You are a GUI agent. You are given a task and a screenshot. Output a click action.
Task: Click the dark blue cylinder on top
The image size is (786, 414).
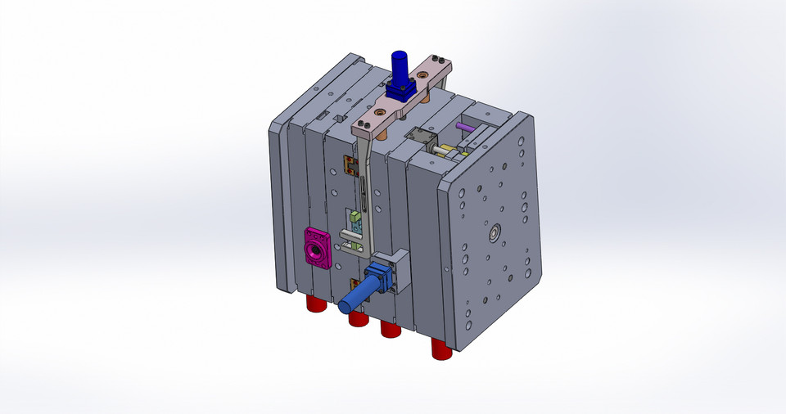pos(400,65)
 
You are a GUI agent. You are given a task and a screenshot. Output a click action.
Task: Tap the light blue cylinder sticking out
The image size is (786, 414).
pos(358,293)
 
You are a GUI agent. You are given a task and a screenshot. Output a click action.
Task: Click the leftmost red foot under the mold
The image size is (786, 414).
pos(316,304)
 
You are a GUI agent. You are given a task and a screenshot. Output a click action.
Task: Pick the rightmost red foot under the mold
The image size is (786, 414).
pos(442,349)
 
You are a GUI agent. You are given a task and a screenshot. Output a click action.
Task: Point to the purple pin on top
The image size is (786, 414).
pos(464,128)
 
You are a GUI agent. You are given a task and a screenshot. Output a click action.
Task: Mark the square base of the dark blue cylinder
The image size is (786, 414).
pos(400,89)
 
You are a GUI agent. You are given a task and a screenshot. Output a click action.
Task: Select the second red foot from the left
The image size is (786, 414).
pos(358,318)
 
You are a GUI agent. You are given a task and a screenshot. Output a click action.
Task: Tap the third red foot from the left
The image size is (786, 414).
pos(390,329)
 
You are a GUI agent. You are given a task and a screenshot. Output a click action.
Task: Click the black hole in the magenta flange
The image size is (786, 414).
pos(314,246)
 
